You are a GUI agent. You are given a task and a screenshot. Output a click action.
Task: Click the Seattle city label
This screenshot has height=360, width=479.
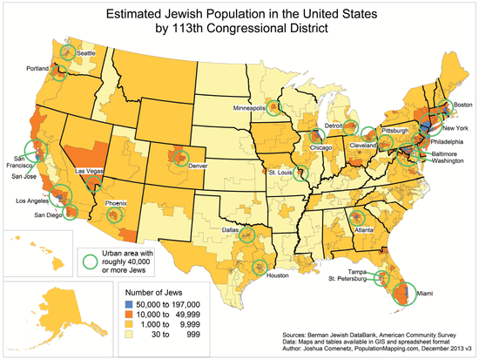click(85, 52)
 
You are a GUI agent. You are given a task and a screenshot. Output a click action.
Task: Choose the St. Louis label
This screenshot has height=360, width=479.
click(279, 173)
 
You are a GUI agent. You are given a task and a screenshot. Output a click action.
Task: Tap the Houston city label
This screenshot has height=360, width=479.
click(277, 275)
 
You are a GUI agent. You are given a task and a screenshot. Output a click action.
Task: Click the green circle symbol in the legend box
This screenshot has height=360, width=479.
click(88, 259)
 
